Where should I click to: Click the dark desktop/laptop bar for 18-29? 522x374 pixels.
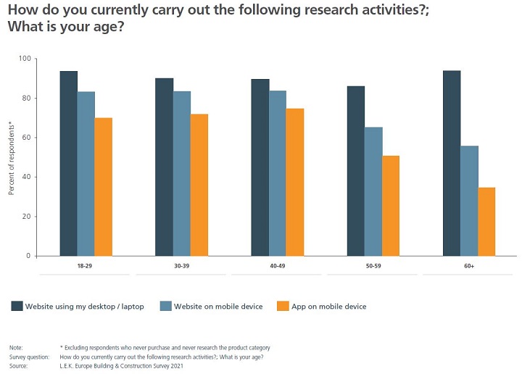[x=69, y=163]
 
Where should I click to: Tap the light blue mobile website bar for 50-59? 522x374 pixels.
[x=373, y=191]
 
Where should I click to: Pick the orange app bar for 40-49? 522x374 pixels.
[x=295, y=182]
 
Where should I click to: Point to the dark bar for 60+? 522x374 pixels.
[x=452, y=163]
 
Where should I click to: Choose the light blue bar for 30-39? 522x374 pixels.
[x=182, y=173]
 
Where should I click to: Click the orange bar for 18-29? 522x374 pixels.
[x=104, y=186]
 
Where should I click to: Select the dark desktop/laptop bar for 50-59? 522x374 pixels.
[x=356, y=171]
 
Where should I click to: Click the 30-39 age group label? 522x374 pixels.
[x=182, y=267]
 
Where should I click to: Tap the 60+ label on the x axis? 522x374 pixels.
[x=469, y=267]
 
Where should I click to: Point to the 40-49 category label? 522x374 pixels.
[x=278, y=267]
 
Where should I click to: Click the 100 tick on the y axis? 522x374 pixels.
[x=25, y=59]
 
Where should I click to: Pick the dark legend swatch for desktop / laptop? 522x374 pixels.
[x=17, y=307]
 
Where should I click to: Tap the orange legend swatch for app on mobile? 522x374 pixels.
[x=283, y=307]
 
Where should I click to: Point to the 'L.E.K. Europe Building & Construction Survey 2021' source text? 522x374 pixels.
[x=121, y=366]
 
